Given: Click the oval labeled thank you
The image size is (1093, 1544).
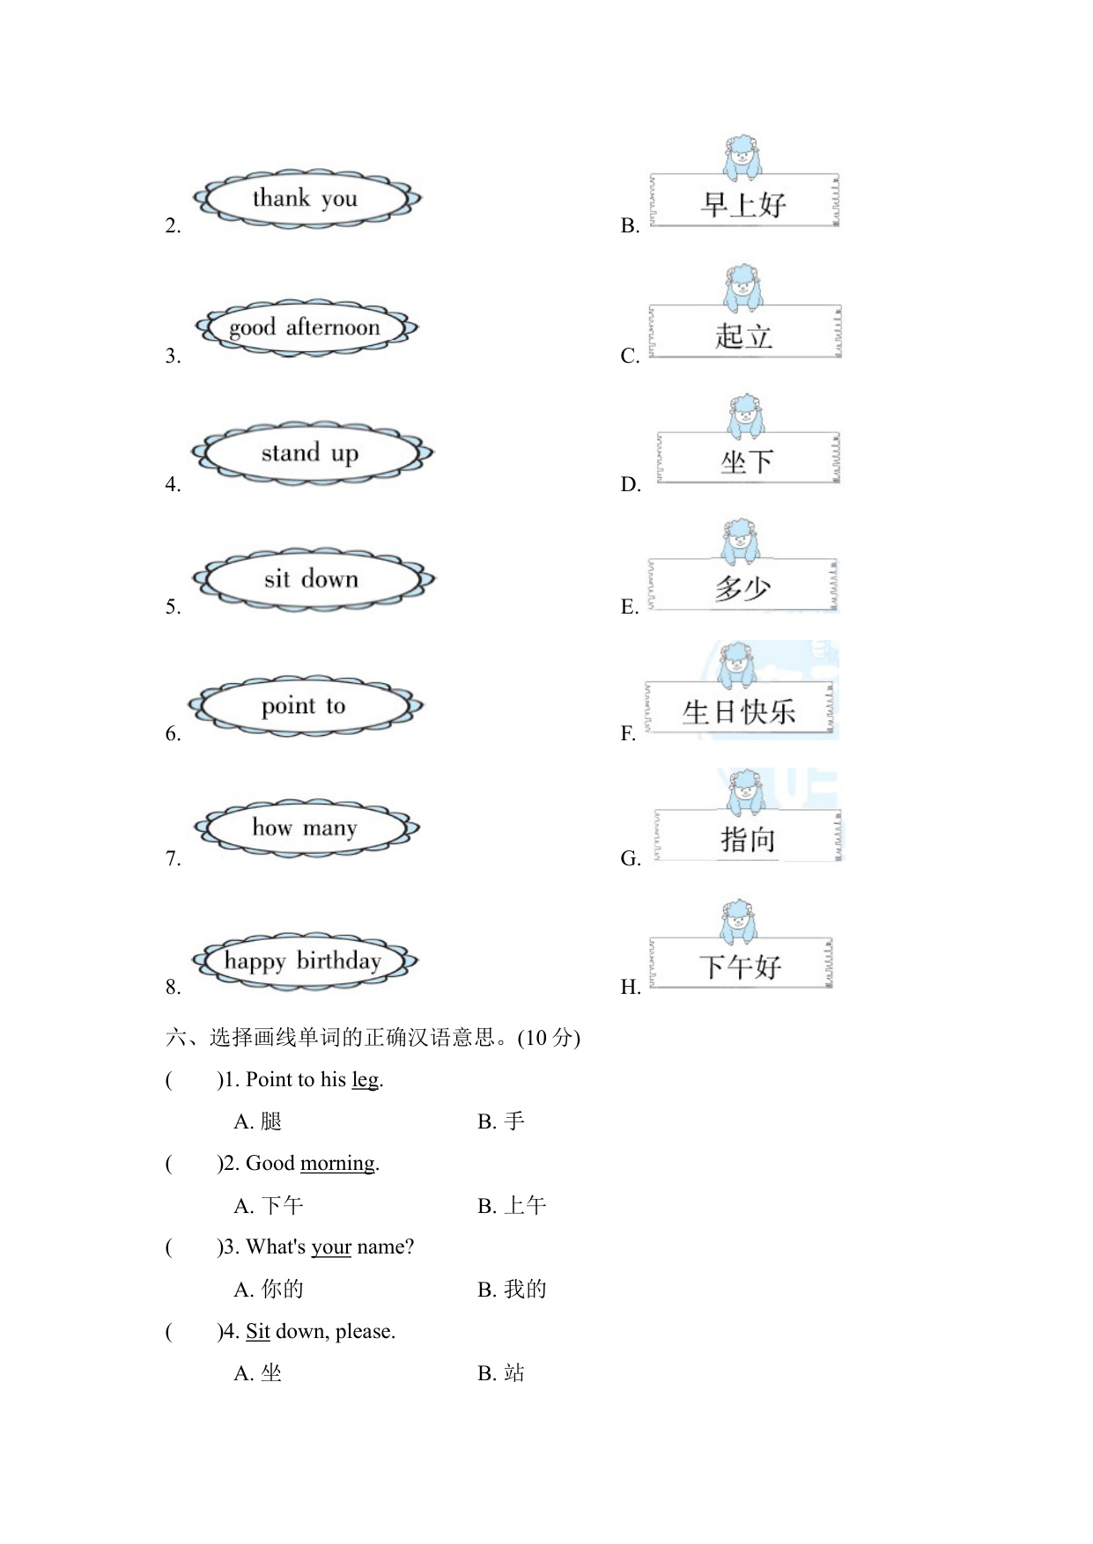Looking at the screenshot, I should coord(306,199).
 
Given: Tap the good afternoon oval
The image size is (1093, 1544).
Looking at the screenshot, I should coord(306,327).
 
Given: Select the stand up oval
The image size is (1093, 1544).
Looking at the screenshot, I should coord(311,453).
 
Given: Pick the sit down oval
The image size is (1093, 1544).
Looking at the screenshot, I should coord(313,579).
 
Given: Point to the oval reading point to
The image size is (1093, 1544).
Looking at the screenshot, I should coord(305,706).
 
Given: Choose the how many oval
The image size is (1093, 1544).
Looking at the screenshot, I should coord(306,828).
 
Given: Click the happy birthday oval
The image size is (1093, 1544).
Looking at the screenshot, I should coord(304,960).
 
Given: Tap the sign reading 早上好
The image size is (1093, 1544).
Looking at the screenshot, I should coord(743,202).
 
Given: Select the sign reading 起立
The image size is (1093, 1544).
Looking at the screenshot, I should coord(744,334).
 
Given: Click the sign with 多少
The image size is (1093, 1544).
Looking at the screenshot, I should coord(742,586).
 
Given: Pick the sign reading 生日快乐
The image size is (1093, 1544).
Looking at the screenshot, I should coord(738,710).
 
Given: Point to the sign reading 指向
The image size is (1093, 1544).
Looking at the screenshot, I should coord(748,837).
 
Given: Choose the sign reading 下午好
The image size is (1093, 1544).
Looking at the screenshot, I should coord(740,965).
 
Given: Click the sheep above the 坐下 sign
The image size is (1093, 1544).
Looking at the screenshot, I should coord(746,415).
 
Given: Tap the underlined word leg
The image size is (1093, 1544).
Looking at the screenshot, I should coord(365,1080).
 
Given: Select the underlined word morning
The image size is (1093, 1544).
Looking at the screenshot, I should coord(337,1164).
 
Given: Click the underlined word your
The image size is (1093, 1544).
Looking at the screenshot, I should coord(331,1247).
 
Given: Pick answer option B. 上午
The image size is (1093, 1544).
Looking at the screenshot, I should coord(513,1206).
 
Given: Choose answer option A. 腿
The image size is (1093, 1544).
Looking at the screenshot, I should coord(258,1122).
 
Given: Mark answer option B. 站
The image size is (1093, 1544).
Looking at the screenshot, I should coord(501,1373).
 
